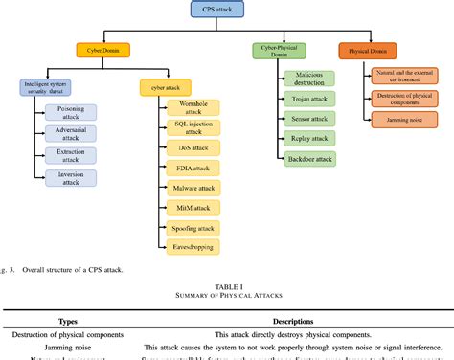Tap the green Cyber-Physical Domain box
point(280,50)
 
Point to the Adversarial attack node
point(70,133)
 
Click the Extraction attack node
point(70,156)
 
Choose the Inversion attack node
point(70,179)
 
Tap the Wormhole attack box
point(193,107)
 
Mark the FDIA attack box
point(193,169)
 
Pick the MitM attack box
point(193,209)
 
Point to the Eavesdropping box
point(193,247)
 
